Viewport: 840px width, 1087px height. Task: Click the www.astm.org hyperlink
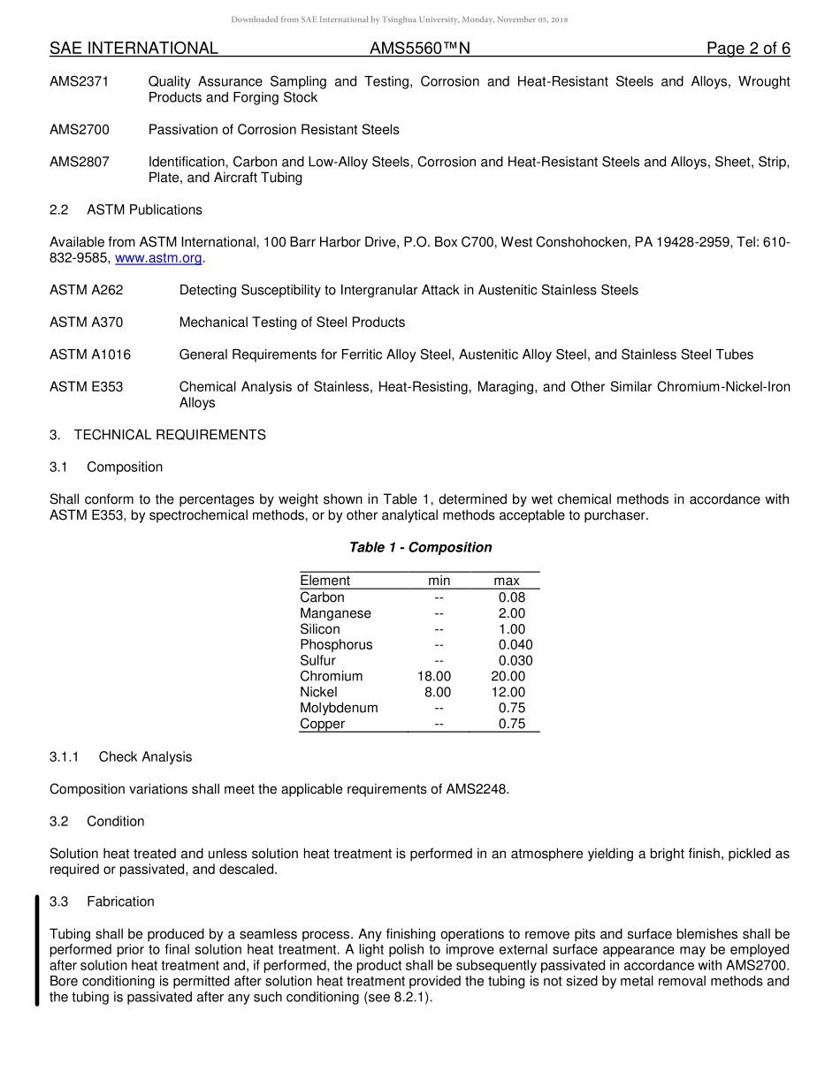point(159,258)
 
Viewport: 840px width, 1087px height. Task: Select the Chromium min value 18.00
point(434,676)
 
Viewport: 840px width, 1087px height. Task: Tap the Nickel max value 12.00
point(508,692)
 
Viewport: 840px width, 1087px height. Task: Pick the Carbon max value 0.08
point(511,597)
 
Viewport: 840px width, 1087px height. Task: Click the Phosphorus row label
point(336,644)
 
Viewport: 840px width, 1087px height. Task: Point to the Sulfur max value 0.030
point(515,660)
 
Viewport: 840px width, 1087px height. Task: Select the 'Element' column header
point(325,581)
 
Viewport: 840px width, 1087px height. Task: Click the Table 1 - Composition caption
point(420,547)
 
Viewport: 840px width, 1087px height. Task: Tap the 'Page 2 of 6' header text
point(748,49)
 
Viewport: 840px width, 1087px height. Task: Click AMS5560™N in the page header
point(420,49)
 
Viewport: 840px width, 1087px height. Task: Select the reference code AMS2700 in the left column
point(80,130)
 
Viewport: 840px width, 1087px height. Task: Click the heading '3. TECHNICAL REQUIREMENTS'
point(157,435)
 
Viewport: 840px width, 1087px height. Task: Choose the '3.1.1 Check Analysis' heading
point(120,756)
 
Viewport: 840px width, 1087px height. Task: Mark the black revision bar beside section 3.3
point(37,950)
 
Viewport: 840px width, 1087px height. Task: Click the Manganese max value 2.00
point(511,613)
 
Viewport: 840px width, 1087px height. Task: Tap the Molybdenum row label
point(339,708)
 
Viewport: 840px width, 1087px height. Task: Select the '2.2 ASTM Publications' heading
point(126,209)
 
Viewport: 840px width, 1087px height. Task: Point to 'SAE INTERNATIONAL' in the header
point(134,49)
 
